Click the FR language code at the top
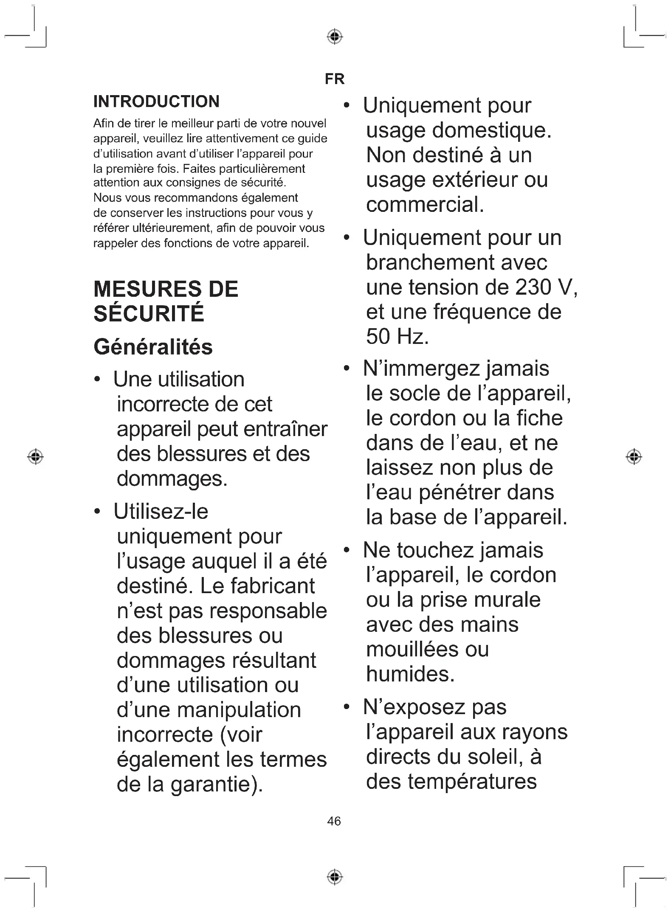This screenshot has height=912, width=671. (x=334, y=79)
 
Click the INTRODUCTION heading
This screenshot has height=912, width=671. (x=156, y=101)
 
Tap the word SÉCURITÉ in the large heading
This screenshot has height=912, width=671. (x=149, y=314)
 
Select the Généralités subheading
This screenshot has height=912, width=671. (x=153, y=347)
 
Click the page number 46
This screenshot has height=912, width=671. (x=334, y=821)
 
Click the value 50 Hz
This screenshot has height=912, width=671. (x=397, y=337)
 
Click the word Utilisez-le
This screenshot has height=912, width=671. (x=161, y=511)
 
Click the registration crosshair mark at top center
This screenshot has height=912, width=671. (x=335, y=37)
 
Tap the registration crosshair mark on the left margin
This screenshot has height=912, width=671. (x=36, y=456)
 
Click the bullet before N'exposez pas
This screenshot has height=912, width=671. (x=347, y=707)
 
